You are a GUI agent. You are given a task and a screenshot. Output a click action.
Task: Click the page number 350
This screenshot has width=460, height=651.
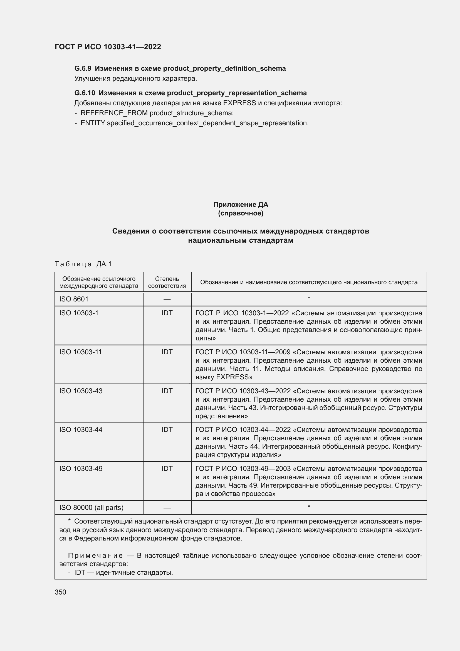(60, 592)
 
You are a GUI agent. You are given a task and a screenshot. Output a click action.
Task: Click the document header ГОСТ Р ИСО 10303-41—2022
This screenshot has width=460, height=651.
(108, 47)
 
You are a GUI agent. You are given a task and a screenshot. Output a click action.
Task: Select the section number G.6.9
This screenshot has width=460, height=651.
(83, 69)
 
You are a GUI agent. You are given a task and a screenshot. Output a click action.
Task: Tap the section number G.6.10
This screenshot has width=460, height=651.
(85, 93)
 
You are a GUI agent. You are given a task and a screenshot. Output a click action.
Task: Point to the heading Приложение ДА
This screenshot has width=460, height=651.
(241, 205)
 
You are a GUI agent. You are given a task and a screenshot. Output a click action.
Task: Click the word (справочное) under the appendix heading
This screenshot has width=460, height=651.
(241, 213)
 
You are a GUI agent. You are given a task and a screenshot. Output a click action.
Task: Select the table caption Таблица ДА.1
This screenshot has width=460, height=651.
(83, 264)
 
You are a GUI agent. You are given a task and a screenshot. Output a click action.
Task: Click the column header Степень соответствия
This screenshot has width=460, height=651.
(167, 282)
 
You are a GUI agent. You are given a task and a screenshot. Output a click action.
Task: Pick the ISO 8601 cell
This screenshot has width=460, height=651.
(74, 299)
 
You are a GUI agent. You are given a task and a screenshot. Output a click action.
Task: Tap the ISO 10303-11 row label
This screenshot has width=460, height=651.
(80, 352)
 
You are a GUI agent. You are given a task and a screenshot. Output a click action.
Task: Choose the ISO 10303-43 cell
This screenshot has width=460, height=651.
(81, 391)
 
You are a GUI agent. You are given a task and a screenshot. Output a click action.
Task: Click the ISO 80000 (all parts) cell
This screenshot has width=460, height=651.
(91, 508)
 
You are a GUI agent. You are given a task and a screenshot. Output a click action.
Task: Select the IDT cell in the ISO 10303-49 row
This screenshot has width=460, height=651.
(167, 469)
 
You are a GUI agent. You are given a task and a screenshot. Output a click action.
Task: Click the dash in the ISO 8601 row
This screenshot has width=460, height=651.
(167, 299)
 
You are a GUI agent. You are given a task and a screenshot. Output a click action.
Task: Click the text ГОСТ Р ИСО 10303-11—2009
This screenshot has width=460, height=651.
(243, 352)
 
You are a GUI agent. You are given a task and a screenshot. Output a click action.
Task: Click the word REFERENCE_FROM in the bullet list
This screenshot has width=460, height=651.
(114, 113)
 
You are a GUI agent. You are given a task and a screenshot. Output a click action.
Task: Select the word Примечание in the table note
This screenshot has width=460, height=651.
(95, 556)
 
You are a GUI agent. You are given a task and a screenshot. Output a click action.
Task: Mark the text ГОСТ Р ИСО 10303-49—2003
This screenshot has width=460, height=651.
(243, 469)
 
